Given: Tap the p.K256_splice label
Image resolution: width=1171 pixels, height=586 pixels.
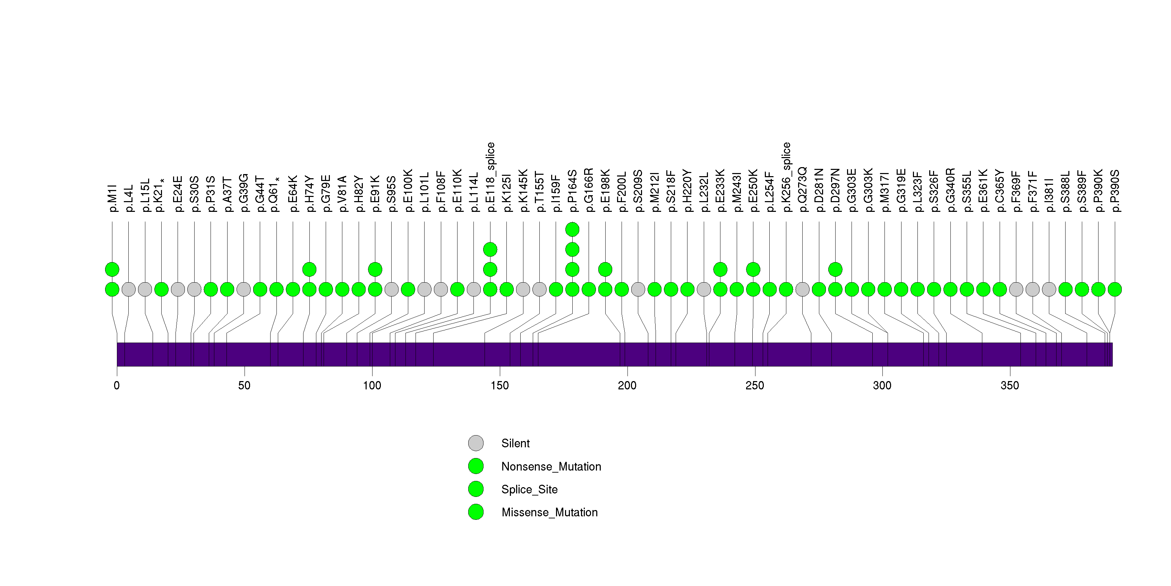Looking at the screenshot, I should pos(786,177).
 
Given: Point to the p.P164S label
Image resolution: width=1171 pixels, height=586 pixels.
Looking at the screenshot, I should pos(572,191).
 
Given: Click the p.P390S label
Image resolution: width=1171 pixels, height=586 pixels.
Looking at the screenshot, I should pos(1114,191).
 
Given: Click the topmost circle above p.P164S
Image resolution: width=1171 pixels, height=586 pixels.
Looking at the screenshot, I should pos(572,230).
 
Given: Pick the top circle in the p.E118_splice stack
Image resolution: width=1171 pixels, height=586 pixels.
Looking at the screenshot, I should pos(490,249).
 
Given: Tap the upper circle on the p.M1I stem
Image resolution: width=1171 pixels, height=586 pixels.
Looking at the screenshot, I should pos(112,269).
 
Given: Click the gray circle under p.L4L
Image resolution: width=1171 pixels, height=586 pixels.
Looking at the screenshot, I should pos(129,290).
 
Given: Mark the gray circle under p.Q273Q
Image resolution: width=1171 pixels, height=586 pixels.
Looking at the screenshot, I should pos(803,290).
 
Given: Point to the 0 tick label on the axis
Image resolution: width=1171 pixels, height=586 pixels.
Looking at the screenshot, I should pos(117,386).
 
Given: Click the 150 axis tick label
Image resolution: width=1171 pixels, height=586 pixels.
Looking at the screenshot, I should pos(499,386).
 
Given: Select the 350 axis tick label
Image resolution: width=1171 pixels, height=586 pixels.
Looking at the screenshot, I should pos(1010,386).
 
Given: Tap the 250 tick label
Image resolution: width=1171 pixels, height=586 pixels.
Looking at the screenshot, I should pos(755,386).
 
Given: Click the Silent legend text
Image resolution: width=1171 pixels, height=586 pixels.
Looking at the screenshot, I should pos(515,443).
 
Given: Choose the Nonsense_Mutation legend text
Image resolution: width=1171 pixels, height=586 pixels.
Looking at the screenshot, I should pos(551,466).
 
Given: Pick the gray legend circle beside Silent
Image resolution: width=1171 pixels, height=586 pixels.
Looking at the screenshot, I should pos(476,443).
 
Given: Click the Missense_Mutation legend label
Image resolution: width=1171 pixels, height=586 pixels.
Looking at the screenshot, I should pos(549,512).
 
